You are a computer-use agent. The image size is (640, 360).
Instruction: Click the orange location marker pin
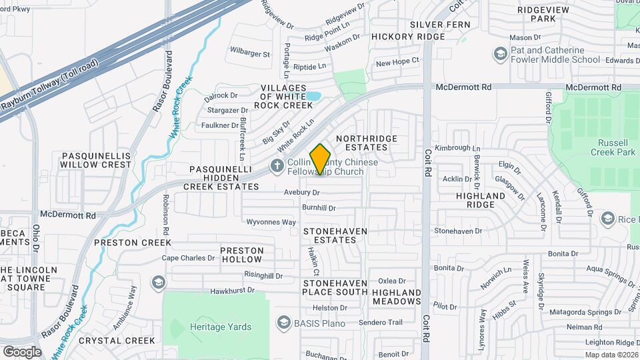(x=321, y=159)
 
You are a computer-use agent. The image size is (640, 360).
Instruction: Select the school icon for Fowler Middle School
(x=500, y=53)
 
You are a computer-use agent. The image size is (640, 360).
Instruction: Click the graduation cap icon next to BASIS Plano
(x=283, y=323)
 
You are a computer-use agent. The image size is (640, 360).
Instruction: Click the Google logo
(x=22, y=351)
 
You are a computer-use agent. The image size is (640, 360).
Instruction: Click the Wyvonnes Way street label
(x=271, y=222)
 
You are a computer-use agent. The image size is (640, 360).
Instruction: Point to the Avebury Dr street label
(x=301, y=193)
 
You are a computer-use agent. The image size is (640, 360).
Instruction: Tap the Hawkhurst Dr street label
(x=232, y=291)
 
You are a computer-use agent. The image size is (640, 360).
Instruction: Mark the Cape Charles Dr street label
(x=189, y=258)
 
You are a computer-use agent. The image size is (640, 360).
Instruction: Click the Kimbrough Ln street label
(x=457, y=148)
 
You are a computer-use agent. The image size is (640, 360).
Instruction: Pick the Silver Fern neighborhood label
(x=440, y=25)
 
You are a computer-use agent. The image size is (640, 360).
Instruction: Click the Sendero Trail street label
(x=380, y=323)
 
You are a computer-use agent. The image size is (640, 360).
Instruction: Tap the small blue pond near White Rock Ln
(x=312, y=96)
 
